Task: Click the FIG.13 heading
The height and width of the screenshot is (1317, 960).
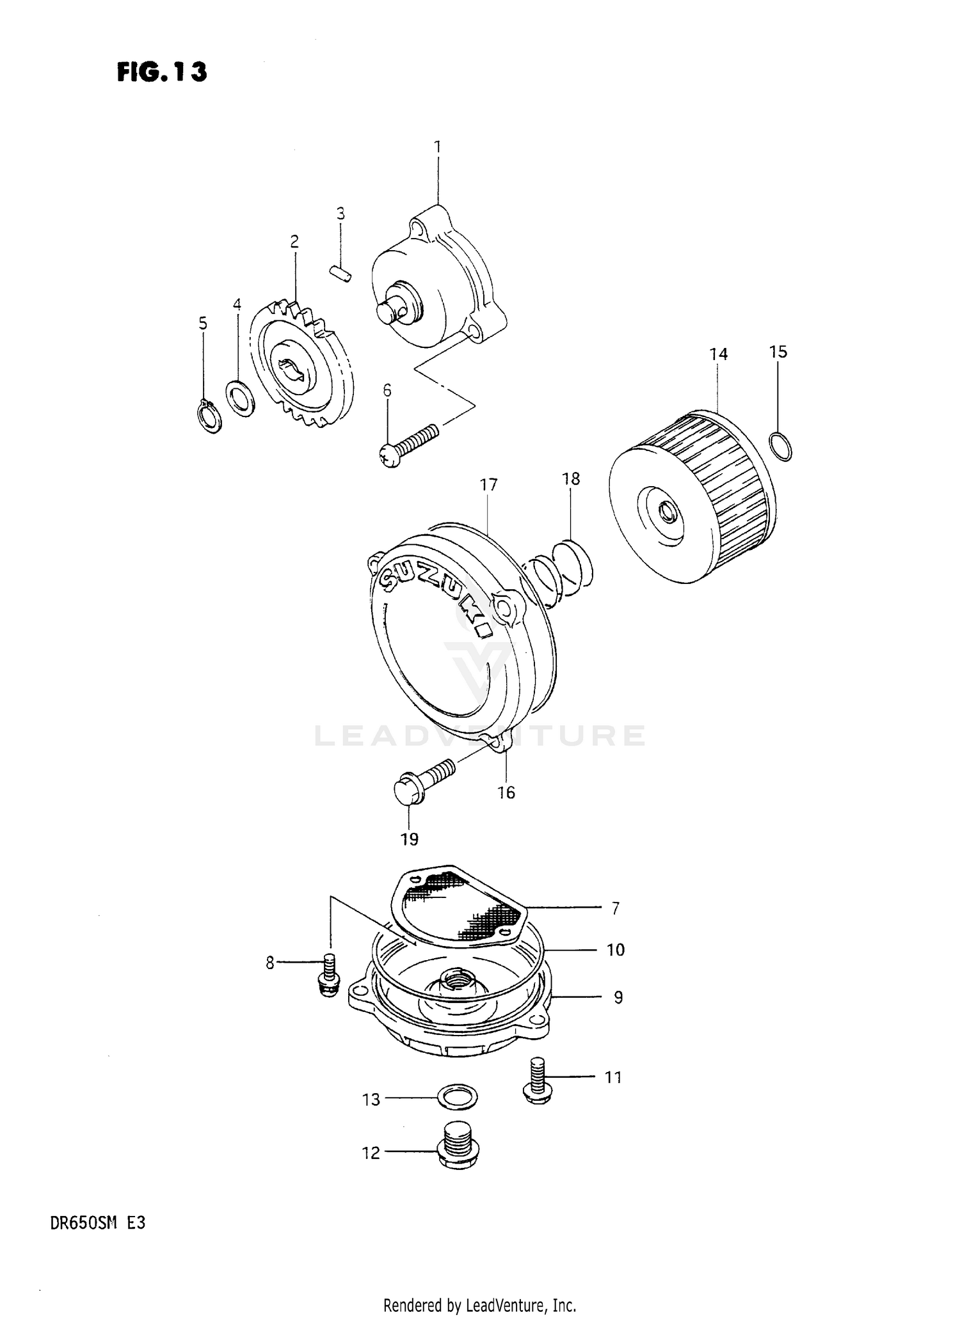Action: point(162,72)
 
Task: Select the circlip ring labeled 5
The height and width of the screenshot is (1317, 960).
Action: point(209,416)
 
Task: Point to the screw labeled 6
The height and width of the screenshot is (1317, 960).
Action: point(410,444)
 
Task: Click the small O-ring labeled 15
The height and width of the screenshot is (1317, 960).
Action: point(779,446)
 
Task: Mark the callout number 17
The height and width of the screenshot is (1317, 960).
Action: point(488,485)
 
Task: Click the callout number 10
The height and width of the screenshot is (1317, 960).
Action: point(615,950)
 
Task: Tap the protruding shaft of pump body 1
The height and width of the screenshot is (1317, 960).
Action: point(390,312)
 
